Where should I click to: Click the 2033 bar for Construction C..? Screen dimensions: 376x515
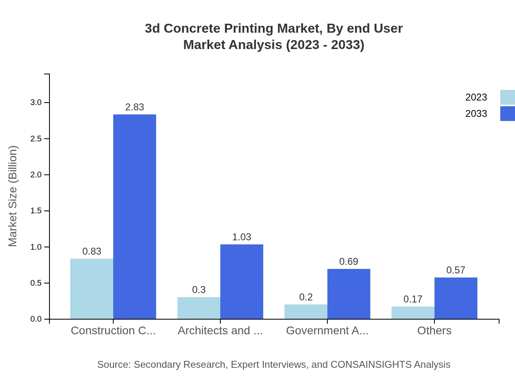coord(134,217)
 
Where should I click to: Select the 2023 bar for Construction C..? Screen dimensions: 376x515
coord(92,289)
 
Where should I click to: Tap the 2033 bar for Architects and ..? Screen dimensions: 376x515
coord(242,282)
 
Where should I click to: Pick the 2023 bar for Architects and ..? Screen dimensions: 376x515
coord(199,308)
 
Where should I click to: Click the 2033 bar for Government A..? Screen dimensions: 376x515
coord(349,294)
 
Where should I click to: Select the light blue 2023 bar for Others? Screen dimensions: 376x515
coord(413,313)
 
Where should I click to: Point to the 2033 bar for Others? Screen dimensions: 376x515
coord(456,298)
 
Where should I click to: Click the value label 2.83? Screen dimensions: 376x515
coord(134,107)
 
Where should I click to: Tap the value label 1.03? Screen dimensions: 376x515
coord(242,237)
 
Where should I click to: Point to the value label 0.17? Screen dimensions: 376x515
coord(413,299)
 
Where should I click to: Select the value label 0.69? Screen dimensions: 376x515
coord(349,262)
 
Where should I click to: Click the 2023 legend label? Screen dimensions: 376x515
coord(476,97)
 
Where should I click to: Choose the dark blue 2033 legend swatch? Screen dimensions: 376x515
coord(507,114)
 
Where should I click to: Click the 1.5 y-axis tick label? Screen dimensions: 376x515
coord(36,211)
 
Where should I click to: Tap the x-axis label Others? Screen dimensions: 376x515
coord(434,331)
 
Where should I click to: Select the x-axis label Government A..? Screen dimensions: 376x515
coord(327,331)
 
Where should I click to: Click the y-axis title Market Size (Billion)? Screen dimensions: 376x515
coord(13,196)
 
